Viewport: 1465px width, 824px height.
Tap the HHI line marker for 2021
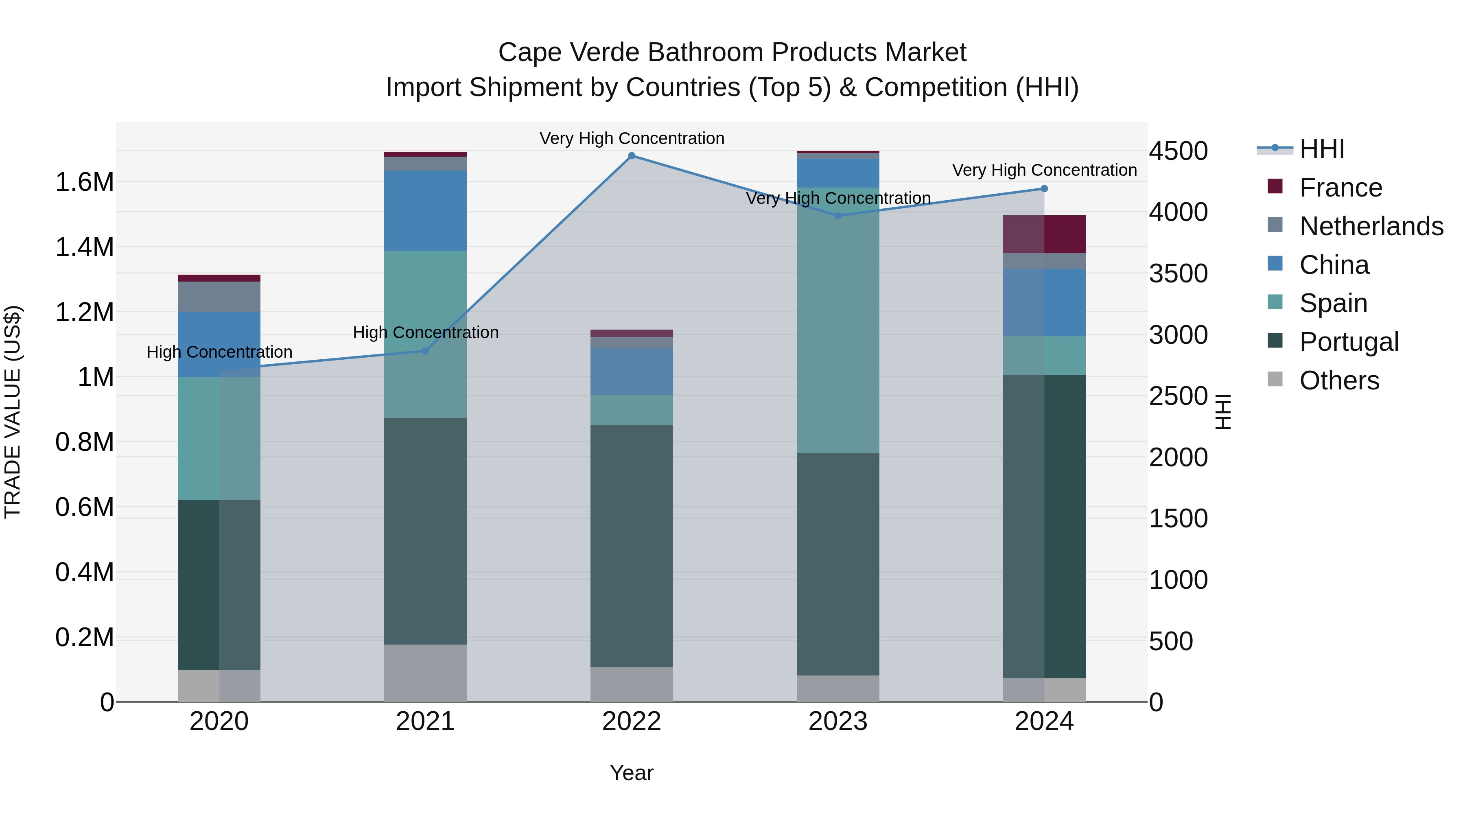[425, 351]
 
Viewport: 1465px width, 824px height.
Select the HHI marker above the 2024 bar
[1044, 189]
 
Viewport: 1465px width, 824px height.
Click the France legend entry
[1340, 188]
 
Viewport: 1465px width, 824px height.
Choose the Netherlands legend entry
[1371, 226]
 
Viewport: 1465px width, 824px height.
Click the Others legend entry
[1339, 380]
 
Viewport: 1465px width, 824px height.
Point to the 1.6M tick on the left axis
[84, 183]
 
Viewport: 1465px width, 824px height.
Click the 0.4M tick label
[84, 572]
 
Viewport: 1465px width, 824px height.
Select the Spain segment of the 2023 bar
[838, 320]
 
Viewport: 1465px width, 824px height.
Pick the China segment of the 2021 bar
[425, 210]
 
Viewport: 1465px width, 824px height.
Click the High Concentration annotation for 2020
[219, 352]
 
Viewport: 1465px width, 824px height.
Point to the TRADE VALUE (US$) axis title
[13, 412]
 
